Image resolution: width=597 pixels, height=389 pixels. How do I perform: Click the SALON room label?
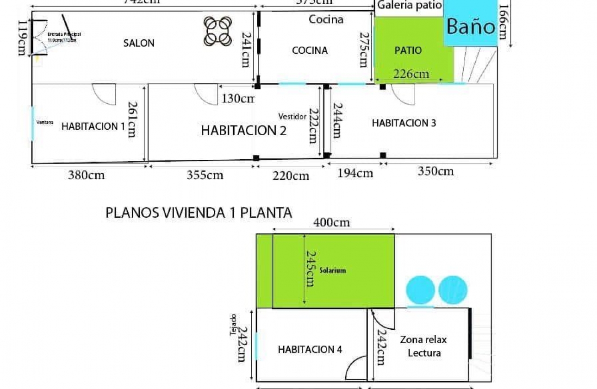(x=139, y=43)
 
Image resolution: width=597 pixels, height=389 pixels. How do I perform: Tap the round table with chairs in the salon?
(x=218, y=31)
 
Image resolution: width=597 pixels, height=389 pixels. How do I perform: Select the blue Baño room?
(x=471, y=26)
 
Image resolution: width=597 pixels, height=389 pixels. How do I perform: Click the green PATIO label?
(x=408, y=50)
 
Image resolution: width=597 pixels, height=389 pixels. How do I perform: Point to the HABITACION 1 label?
(x=93, y=126)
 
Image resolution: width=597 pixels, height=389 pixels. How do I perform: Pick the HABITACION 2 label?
(x=243, y=131)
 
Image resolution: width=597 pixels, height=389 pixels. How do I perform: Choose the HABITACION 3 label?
(x=404, y=123)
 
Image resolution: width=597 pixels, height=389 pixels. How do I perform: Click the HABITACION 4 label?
(x=310, y=350)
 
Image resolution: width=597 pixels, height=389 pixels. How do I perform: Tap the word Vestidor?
(x=292, y=116)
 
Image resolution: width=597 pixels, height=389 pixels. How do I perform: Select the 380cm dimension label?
(x=86, y=175)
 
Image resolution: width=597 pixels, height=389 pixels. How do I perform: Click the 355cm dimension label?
(x=205, y=175)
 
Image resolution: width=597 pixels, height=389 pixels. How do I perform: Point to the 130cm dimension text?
(x=238, y=98)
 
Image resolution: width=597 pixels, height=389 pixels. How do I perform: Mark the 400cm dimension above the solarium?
(x=331, y=223)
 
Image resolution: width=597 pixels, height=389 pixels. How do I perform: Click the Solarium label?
(x=332, y=270)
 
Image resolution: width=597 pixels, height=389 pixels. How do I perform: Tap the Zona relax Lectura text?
(x=423, y=346)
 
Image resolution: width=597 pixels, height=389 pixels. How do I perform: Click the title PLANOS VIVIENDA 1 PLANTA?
(x=199, y=213)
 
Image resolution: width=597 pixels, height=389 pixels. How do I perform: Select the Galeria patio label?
(x=410, y=6)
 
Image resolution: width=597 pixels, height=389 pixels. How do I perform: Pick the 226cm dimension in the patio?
(x=411, y=74)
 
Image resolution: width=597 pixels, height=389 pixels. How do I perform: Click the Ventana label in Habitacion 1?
(x=45, y=123)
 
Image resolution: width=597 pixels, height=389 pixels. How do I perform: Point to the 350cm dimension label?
(x=435, y=171)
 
